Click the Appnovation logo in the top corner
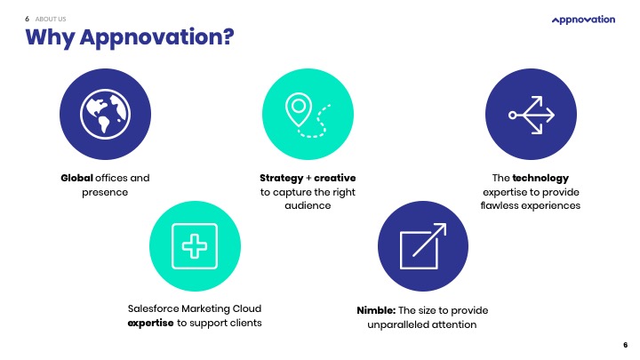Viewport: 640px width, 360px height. tap(583, 20)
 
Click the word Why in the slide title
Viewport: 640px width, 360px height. tap(50, 38)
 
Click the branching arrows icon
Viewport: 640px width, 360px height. tap(532, 114)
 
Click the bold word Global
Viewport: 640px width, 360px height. tap(76, 178)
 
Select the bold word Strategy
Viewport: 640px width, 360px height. tap(281, 178)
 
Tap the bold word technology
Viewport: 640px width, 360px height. tap(540, 178)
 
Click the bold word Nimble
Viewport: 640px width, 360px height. tap(375, 310)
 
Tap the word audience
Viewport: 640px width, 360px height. tap(308, 205)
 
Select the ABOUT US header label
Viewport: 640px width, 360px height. tap(52, 18)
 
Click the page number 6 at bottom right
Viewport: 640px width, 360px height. tap(625, 344)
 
